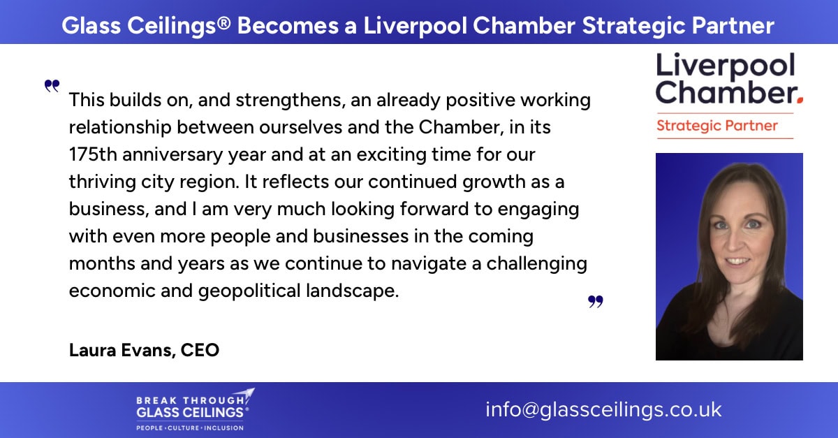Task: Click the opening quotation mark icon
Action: (x=52, y=86)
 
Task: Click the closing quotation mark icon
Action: (x=596, y=301)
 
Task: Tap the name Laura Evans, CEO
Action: (x=144, y=350)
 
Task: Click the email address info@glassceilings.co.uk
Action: (x=603, y=409)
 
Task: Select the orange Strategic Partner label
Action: (x=717, y=126)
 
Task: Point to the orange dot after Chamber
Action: (x=800, y=100)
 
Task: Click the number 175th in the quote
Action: (x=93, y=154)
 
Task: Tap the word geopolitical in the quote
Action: (x=249, y=291)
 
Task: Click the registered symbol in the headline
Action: (x=223, y=23)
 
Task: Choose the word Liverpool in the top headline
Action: (x=415, y=26)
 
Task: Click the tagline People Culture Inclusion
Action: (x=190, y=428)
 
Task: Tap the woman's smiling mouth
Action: (x=736, y=261)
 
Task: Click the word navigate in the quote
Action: (x=429, y=264)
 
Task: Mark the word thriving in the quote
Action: (x=102, y=182)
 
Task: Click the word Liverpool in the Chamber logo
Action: (x=726, y=66)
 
